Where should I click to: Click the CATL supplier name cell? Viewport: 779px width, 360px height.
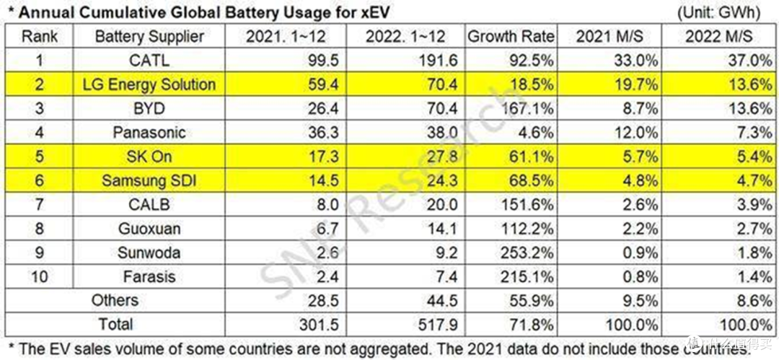point(149,61)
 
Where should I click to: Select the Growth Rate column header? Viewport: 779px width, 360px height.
point(511,36)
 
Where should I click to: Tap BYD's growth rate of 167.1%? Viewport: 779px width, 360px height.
point(524,108)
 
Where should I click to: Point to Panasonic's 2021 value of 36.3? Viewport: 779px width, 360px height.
point(324,132)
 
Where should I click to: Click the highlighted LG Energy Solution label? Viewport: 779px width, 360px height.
point(149,84)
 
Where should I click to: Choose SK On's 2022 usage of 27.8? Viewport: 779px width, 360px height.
point(442,156)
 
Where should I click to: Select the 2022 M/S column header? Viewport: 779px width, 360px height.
point(718,36)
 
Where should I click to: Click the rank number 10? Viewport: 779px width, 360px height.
point(39,276)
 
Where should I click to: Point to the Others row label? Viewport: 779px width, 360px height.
point(115,300)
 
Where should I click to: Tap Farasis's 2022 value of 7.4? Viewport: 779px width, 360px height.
point(446,276)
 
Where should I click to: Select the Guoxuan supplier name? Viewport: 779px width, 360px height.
point(149,229)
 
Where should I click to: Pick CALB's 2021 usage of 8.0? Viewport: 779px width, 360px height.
point(328,204)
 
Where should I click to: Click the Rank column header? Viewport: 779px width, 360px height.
point(39,36)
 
